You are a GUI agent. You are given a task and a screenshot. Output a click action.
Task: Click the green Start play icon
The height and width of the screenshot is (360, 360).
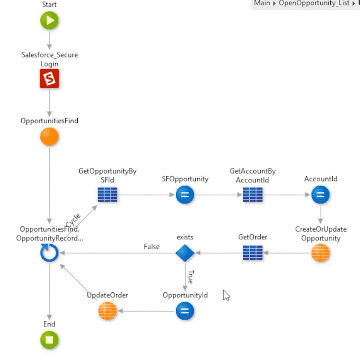tap(49, 21)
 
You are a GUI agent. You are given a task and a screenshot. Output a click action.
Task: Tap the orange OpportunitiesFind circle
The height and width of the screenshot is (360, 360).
tap(49, 137)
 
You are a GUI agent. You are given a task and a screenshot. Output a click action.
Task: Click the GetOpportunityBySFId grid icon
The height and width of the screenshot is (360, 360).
tap(108, 195)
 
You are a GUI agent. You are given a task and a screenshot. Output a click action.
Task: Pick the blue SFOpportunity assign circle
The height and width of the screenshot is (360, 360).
tap(185, 195)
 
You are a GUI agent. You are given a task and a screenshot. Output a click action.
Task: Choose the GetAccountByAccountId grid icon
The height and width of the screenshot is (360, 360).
tap(252, 195)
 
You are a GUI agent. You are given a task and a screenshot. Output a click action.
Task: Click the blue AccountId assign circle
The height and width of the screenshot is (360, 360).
tap(321, 195)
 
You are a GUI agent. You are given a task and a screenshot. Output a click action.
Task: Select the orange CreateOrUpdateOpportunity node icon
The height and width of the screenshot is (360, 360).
tap(321, 253)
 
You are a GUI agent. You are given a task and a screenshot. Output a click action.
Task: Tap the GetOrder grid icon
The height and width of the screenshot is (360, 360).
tap(252, 253)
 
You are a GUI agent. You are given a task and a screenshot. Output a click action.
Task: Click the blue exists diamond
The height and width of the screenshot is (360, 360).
tap(185, 253)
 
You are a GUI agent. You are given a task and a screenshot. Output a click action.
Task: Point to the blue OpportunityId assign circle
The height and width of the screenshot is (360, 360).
tap(185, 311)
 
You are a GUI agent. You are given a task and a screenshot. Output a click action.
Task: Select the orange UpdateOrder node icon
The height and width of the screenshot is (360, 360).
tap(108, 311)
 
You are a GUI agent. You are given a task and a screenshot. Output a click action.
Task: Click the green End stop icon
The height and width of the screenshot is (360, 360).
tap(49, 340)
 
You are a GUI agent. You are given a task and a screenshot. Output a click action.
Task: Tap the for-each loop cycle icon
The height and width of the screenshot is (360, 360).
tap(49, 253)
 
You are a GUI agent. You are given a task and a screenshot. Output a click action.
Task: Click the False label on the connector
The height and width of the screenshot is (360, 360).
tap(152, 247)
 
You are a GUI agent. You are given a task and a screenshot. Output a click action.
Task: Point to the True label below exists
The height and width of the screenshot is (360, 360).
tap(190, 277)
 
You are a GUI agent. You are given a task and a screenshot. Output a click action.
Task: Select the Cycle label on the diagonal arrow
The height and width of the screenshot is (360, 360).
tap(73, 221)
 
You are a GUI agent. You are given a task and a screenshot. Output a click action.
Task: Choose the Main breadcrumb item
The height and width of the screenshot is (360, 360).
tap(262, 3)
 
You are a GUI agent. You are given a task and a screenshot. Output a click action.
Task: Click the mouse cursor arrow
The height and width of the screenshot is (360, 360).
tap(226, 295)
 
